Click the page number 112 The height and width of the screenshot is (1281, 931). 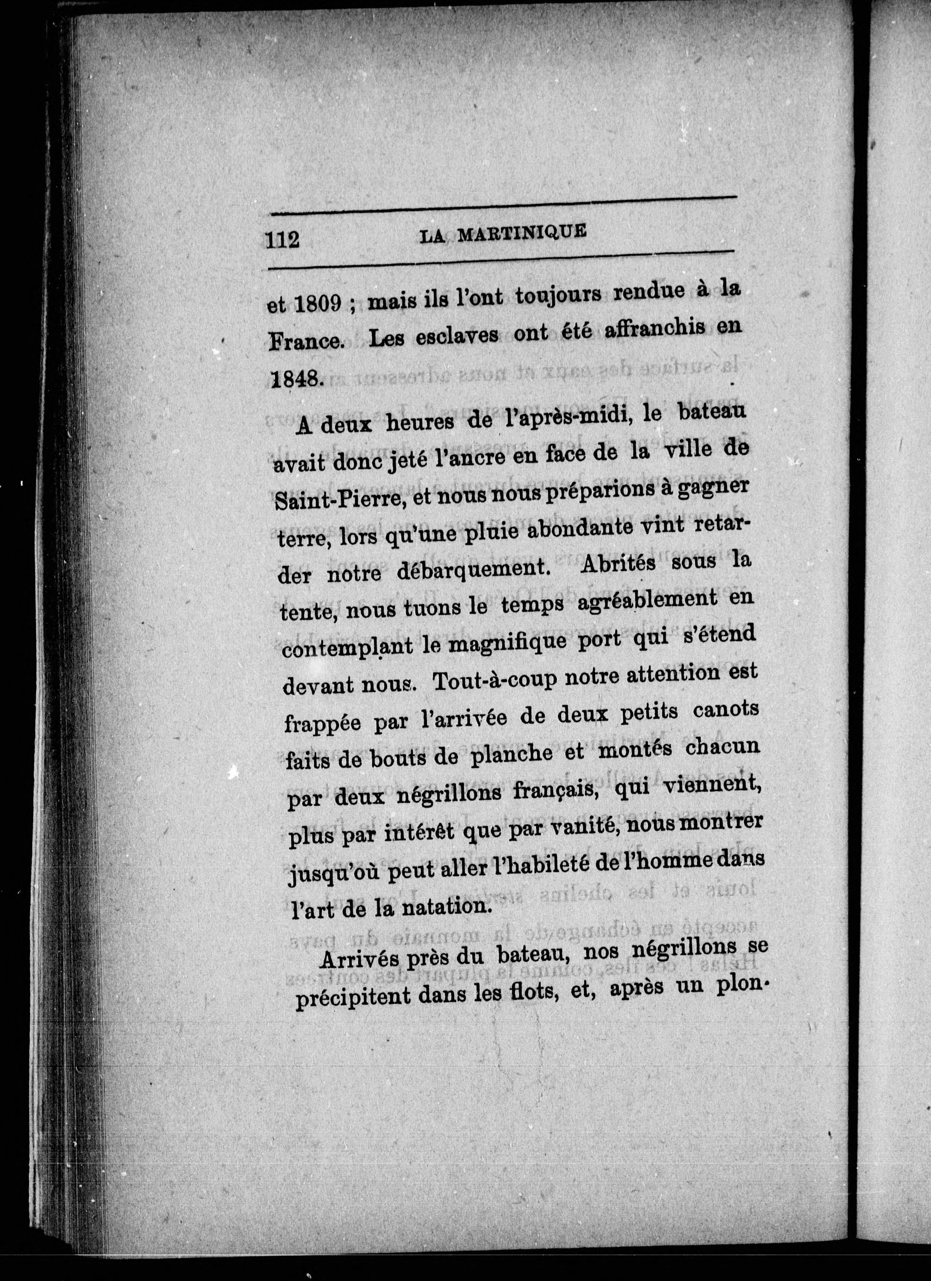click(x=282, y=240)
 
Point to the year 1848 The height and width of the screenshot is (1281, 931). click(x=295, y=378)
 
